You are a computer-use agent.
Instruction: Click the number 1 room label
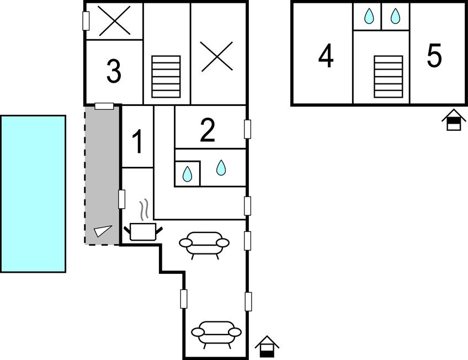[137, 142]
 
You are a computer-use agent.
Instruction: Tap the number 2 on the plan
[208, 130]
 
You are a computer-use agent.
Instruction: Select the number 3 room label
[114, 71]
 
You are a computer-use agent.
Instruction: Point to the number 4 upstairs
[326, 56]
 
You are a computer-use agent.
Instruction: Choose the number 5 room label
[434, 56]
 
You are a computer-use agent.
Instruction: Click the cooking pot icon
[143, 232]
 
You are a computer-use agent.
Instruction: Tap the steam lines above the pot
[144, 209]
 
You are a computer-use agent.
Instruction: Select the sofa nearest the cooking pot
[204, 245]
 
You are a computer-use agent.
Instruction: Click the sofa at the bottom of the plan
[216, 335]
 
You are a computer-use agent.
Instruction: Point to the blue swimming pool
[33, 194]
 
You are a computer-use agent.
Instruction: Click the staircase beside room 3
[166, 77]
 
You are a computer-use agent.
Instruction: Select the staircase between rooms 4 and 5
[389, 77]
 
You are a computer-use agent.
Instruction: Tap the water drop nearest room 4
[369, 16]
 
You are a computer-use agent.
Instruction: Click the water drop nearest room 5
[396, 16]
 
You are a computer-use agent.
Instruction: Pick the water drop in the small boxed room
[187, 174]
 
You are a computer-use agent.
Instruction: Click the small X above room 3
[114, 21]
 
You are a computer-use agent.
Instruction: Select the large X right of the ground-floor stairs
[217, 56]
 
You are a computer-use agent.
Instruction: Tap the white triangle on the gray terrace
[103, 231]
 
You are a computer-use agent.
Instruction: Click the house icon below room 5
[454, 120]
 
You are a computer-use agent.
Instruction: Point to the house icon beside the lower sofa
[267, 347]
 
